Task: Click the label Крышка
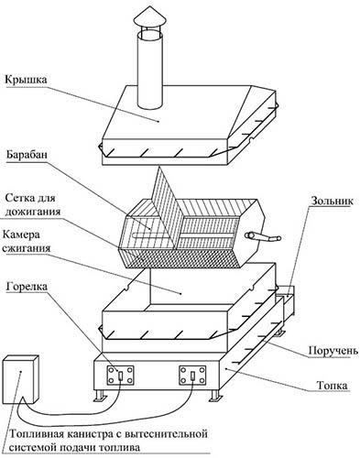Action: click(x=26, y=80)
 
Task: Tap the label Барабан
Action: click(x=27, y=155)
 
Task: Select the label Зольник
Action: click(x=333, y=201)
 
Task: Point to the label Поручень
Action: click(x=333, y=351)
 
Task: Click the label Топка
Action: click(x=332, y=386)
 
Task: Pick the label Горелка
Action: click(x=27, y=287)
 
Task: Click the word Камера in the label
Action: click(x=21, y=235)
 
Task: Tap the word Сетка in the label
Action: click(x=19, y=198)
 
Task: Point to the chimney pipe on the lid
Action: click(x=150, y=70)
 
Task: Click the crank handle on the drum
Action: click(x=263, y=237)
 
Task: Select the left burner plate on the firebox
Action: click(x=120, y=376)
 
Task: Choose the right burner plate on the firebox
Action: click(x=192, y=376)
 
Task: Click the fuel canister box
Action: click(x=21, y=379)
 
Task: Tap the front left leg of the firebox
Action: click(x=101, y=396)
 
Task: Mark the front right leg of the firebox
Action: click(x=214, y=396)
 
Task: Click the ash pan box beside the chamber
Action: click(x=286, y=302)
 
